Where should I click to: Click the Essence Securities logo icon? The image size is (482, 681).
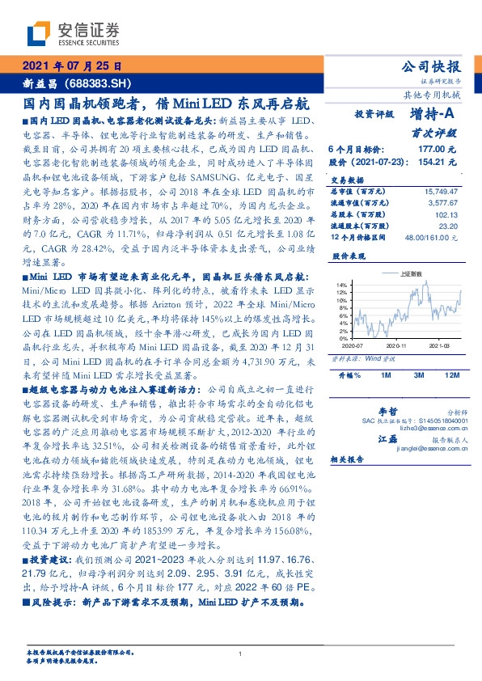pos(39,34)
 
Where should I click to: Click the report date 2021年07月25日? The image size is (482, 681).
pos(70,67)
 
